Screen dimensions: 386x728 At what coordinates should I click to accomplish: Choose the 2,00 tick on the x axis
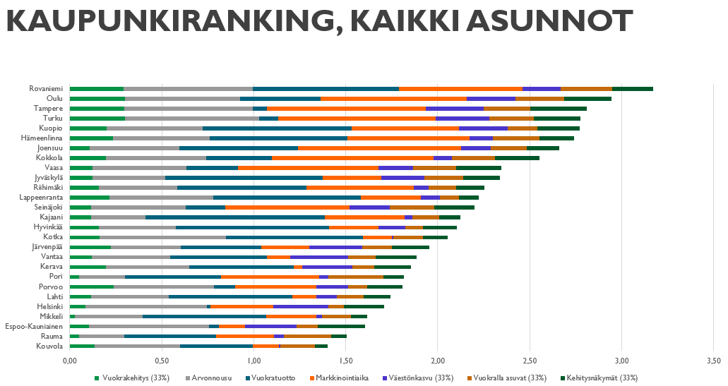(x=437, y=361)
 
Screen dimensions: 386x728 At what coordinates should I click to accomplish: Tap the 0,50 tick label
(x=162, y=361)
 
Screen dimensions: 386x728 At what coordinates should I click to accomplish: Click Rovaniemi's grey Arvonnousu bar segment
(x=188, y=89)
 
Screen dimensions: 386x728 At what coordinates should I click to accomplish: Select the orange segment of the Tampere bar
(x=346, y=109)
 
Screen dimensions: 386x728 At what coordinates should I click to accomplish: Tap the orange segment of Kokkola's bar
(x=352, y=158)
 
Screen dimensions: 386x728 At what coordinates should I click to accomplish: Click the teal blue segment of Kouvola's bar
(x=216, y=346)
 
